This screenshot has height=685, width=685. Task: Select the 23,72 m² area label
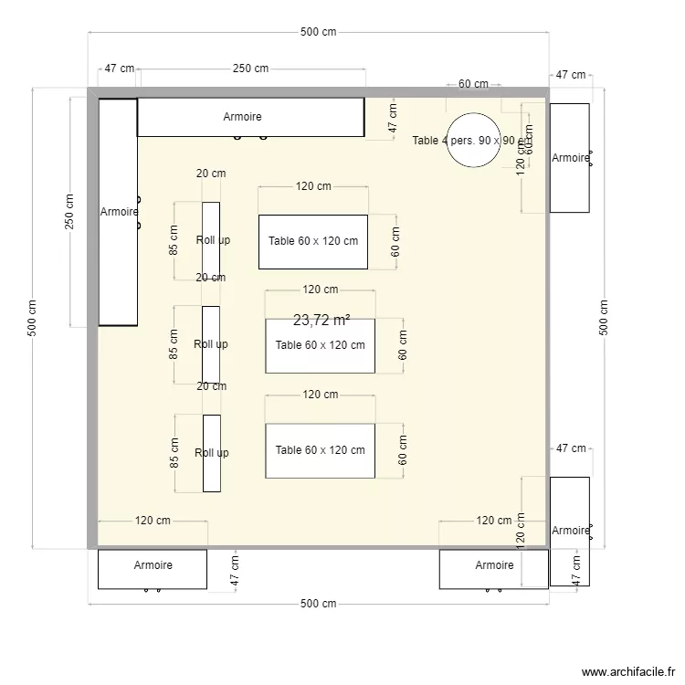pos(321,321)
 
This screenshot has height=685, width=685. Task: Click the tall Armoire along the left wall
pos(118,212)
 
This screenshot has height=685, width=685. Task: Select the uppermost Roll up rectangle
pos(211,241)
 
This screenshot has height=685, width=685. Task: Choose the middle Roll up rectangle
pos(211,344)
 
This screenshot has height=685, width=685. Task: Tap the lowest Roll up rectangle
pos(211,453)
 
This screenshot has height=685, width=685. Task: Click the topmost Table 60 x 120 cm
pos(312,242)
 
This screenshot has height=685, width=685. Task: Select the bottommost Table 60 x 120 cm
pos(320,450)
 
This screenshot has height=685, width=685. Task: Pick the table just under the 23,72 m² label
pos(320,346)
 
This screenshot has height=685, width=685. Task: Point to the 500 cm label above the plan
pos(318,32)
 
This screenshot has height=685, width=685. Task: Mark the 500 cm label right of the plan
pos(604,318)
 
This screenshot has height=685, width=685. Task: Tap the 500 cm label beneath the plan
pos(318,604)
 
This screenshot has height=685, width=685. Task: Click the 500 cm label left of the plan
pos(32,318)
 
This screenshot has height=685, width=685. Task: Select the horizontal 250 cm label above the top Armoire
pos(250,68)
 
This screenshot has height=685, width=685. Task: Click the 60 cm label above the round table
pos(473,84)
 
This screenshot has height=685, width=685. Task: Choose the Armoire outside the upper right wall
pos(569,157)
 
